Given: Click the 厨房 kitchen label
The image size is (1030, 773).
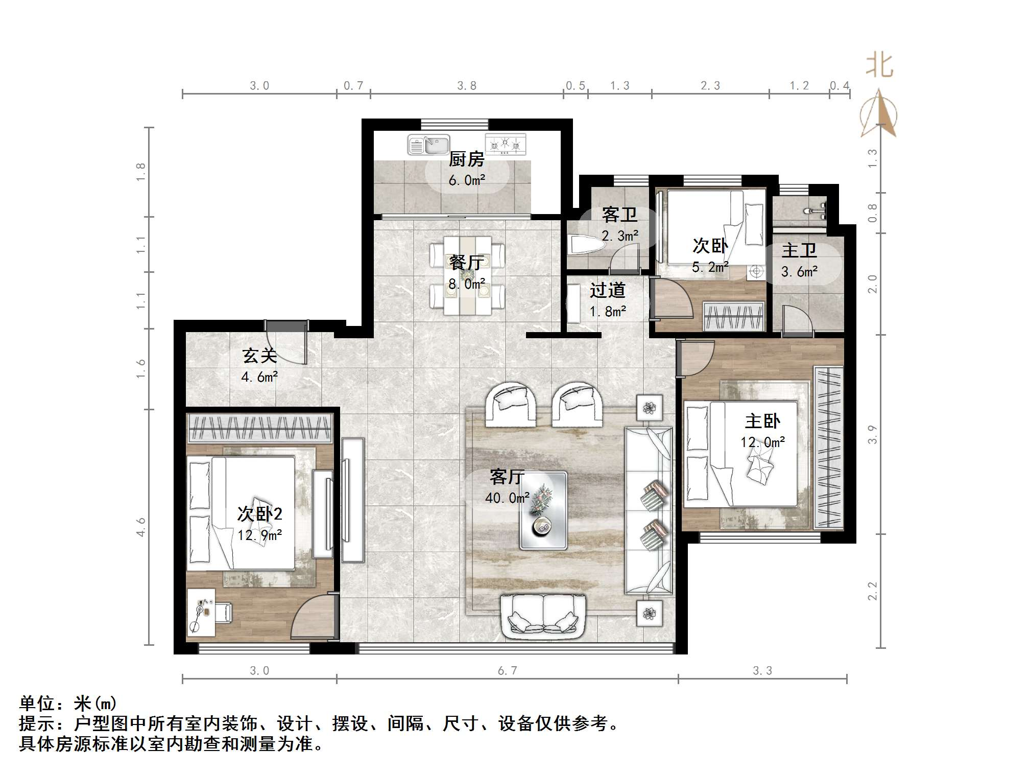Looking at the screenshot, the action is (x=466, y=159).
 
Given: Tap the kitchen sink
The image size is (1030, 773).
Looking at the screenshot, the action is (x=428, y=145).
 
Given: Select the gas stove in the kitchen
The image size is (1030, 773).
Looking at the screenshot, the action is (x=505, y=144).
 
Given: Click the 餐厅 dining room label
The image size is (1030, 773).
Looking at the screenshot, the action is (x=466, y=263).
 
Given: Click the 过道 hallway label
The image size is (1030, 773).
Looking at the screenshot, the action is (x=607, y=290).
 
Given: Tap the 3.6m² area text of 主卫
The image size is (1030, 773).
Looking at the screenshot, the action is (x=799, y=272).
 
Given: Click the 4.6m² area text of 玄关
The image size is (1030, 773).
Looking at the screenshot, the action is (x=259, y=377).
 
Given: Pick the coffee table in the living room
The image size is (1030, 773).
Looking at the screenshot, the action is (x=543, y=510).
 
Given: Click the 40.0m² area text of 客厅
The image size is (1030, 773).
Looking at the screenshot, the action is (x=507, y=497).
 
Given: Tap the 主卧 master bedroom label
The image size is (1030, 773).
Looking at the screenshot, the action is (x=762, y=421).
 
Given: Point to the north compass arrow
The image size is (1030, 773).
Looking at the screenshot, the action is (x=878, y=113).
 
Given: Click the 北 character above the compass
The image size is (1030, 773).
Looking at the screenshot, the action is (x=879, y=66).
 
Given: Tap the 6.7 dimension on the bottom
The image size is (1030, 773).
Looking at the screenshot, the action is (x=507, y=670).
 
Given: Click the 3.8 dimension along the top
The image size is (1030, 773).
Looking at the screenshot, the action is (x=467, y=85).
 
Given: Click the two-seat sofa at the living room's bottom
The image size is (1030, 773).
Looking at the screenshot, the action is (x=543, y=617).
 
